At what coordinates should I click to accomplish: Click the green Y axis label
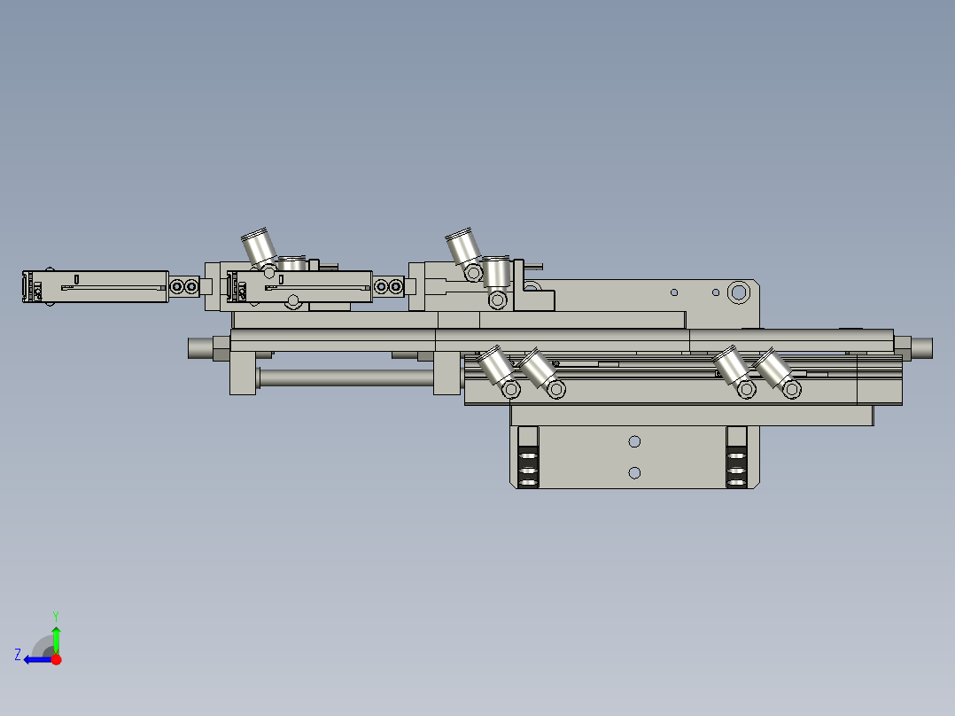[x=55, y=614]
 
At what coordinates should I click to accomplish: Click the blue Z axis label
[x=18, y=655]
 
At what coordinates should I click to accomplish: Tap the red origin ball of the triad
[x=56, y=659]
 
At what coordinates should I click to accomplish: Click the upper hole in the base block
[x=634, y=441]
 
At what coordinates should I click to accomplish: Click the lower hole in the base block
[x=634, y=472]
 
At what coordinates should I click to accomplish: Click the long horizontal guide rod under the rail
[x=346, y=378]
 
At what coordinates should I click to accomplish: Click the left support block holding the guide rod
[x=243, y=373]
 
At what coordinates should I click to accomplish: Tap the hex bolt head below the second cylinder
[x=292, y=303]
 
